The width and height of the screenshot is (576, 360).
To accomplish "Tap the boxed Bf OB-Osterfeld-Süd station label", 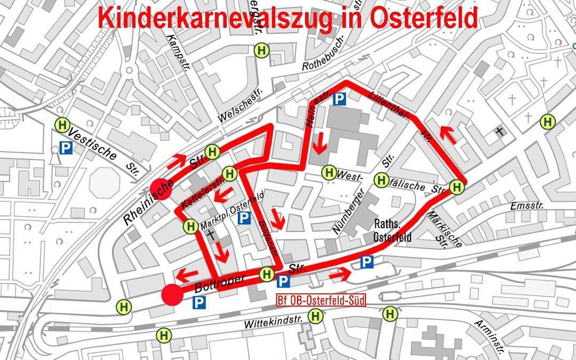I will (x=321, y=300).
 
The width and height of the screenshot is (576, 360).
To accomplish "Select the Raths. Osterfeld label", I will (x=392, y=230).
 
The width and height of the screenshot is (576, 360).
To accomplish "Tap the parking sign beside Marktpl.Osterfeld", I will (x=244, y=218).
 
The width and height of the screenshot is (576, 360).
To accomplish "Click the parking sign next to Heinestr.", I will (x=339, y=98).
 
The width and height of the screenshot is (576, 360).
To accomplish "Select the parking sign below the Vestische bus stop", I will (x=66, y=147).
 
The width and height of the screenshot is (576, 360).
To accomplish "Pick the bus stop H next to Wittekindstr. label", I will (x=316, y=316).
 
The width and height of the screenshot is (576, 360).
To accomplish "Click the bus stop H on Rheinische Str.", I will (x=212, y=151).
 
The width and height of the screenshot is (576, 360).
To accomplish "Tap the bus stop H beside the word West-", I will (x=329, y=172).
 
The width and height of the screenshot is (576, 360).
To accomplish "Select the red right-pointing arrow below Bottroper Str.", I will (x=340, y=276).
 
